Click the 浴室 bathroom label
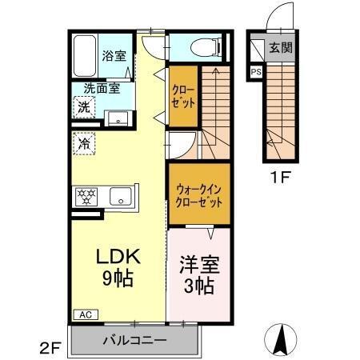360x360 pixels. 114,56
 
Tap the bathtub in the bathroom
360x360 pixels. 85,56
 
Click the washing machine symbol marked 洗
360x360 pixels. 83,106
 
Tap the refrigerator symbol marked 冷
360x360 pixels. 83,143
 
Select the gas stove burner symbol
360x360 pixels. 86,194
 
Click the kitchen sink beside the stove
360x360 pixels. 121,194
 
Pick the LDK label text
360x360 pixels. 118,258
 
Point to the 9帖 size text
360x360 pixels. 118,279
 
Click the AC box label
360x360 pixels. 84,314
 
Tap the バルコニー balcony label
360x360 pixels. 134,340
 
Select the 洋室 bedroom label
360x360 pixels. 199,265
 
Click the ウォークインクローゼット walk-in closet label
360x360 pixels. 198,196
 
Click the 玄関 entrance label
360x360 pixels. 280,47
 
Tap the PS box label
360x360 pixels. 256,72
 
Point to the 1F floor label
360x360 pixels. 281,178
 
